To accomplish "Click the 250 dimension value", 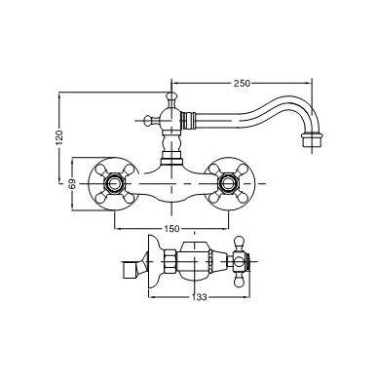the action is tap(242, 83).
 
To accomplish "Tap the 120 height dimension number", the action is tap(58, 137).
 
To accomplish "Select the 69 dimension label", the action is tap(72, 184).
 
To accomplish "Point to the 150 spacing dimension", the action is tap(171, 229).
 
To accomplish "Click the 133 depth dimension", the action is tap(199, 297).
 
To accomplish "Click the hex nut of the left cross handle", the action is tap(114, 184).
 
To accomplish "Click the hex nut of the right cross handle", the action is tap(228, 184).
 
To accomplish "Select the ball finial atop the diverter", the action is tap(170, 96).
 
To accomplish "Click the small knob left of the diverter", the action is tap(148, 121).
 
